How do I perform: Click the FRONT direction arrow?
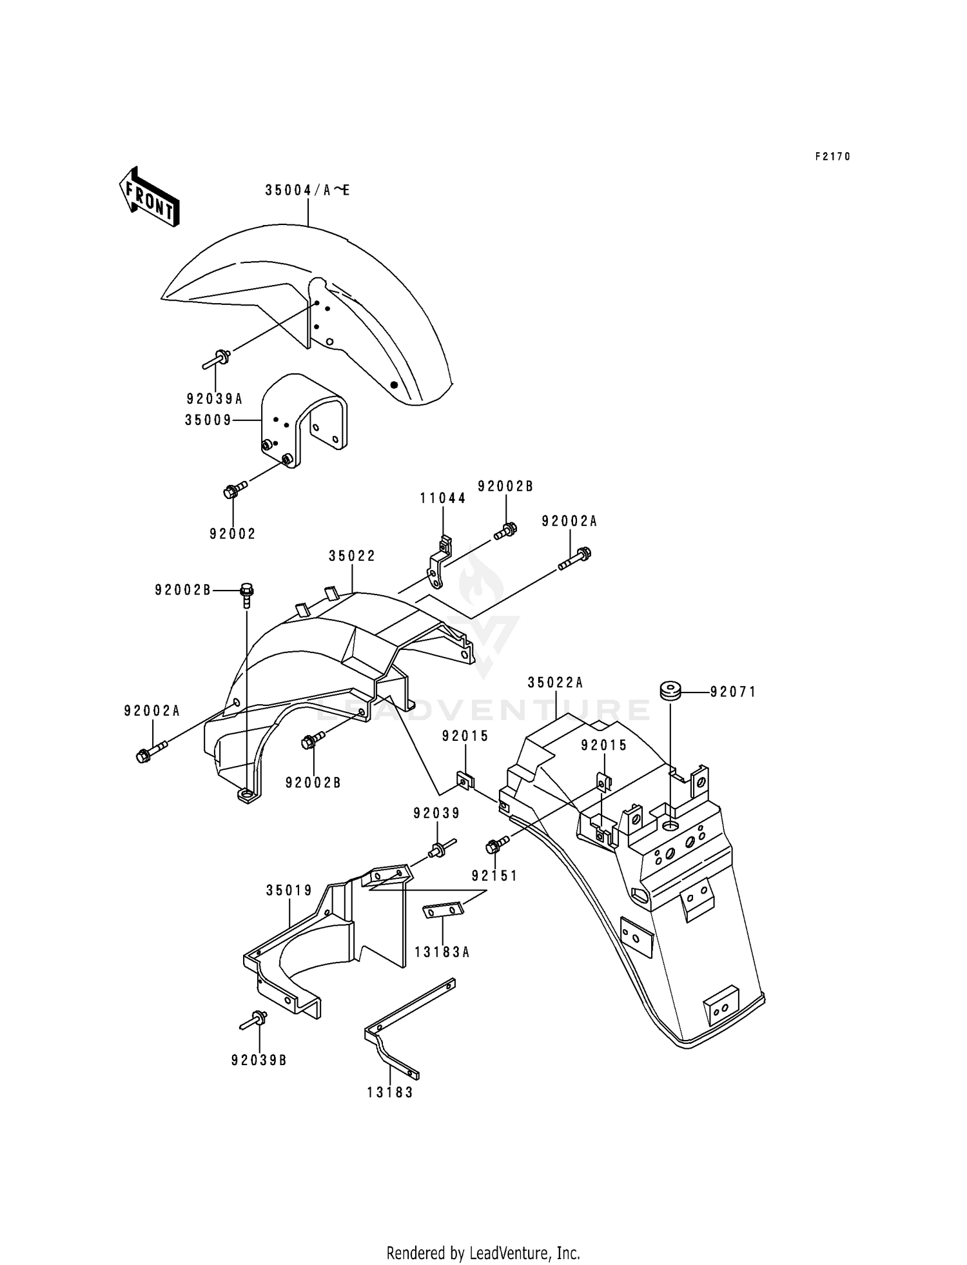(x=149, y=197)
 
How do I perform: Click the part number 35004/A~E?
(x=308, y=190)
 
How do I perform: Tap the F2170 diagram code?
(x=833, y=156)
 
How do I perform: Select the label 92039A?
(x=215, y=399)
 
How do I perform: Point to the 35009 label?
(x=208, y=420)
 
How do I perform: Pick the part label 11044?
(x=443, y=498)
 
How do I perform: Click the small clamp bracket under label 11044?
(x=438, y=562)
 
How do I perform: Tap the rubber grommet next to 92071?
(x=670, y=691)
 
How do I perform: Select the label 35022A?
(x=555, y=683)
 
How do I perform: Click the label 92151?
(x=494, y=876)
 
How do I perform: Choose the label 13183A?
(x=442, y=952)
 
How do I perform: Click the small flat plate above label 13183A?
(x=443, y=910)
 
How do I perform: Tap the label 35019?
(x=289, y=890)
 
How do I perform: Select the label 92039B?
(x=259, y=1060)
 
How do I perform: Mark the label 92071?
(x=734, y=692)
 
